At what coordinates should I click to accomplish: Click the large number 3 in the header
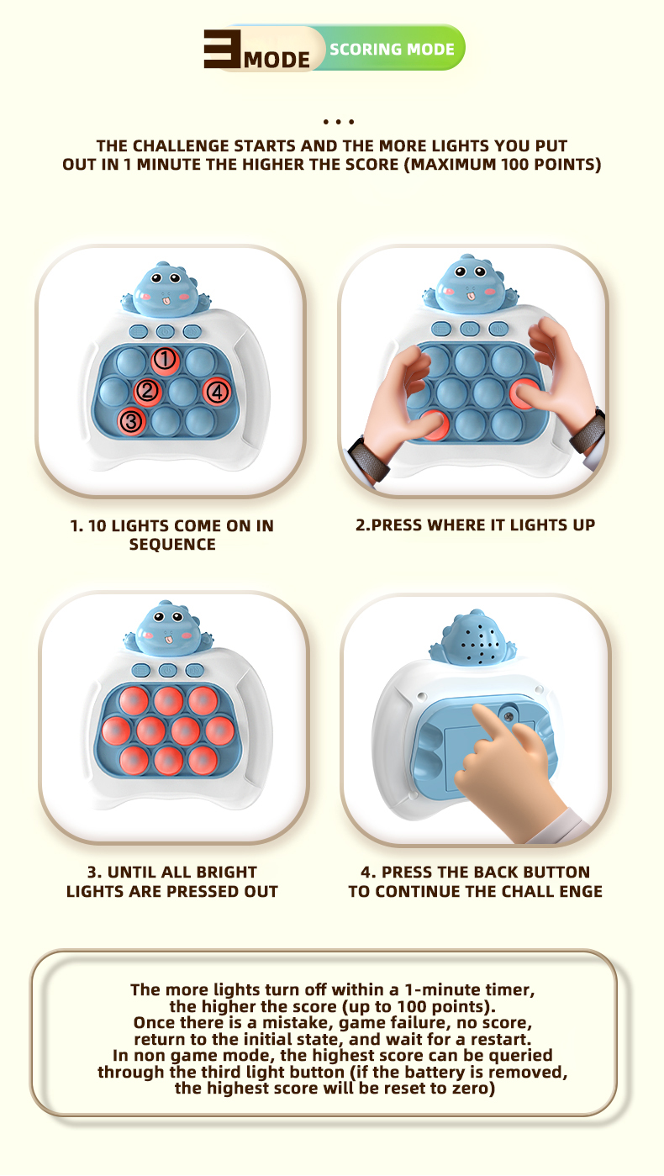(223, 49)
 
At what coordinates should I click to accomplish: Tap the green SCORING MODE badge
(392, 49)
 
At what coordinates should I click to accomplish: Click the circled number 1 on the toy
(165, 360)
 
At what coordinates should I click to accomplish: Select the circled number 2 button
(147, 391)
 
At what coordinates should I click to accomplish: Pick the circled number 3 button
(131, 421)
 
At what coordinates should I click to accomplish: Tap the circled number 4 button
(218, 392)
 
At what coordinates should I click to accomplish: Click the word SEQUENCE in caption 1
(172, 545)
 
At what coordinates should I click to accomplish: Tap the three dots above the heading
(339, 122)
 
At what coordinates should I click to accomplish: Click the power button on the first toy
(166, 332)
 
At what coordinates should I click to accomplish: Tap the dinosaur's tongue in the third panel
(168, 640)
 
